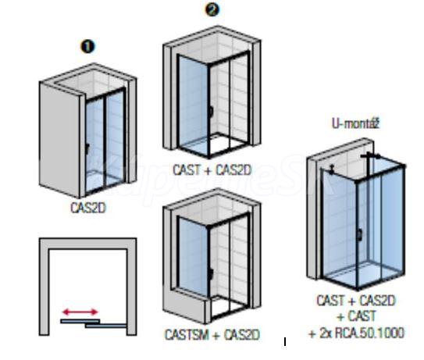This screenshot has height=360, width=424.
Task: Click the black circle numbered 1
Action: tap(87, 46)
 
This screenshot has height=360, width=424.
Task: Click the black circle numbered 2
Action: tap(212, 9)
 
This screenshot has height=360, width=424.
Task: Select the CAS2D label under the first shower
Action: tap(88, 208)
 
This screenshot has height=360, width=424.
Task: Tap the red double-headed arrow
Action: tap(80, 312)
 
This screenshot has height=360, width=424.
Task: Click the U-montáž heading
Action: tap(355, 123)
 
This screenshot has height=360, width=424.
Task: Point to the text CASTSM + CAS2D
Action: tap(212, 335)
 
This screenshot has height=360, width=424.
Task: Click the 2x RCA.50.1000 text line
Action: tap(356, 333)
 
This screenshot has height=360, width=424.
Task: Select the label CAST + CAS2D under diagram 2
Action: tap(212, 170)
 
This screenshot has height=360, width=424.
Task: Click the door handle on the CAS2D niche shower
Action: tap(87, 149)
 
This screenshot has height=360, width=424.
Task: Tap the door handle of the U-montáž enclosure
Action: tap(360, 235)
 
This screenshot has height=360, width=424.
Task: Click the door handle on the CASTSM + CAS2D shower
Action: tap(211, 274)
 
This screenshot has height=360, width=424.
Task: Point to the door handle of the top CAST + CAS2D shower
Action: tap(211, 112)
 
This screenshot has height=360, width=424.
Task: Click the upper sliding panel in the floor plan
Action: tap(80, 321)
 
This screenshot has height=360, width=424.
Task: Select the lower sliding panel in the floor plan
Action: tap(105, 326)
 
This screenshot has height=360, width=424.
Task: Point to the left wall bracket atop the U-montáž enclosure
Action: tap(331, 169)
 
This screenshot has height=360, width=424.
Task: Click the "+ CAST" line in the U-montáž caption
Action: tap(356, 316)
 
